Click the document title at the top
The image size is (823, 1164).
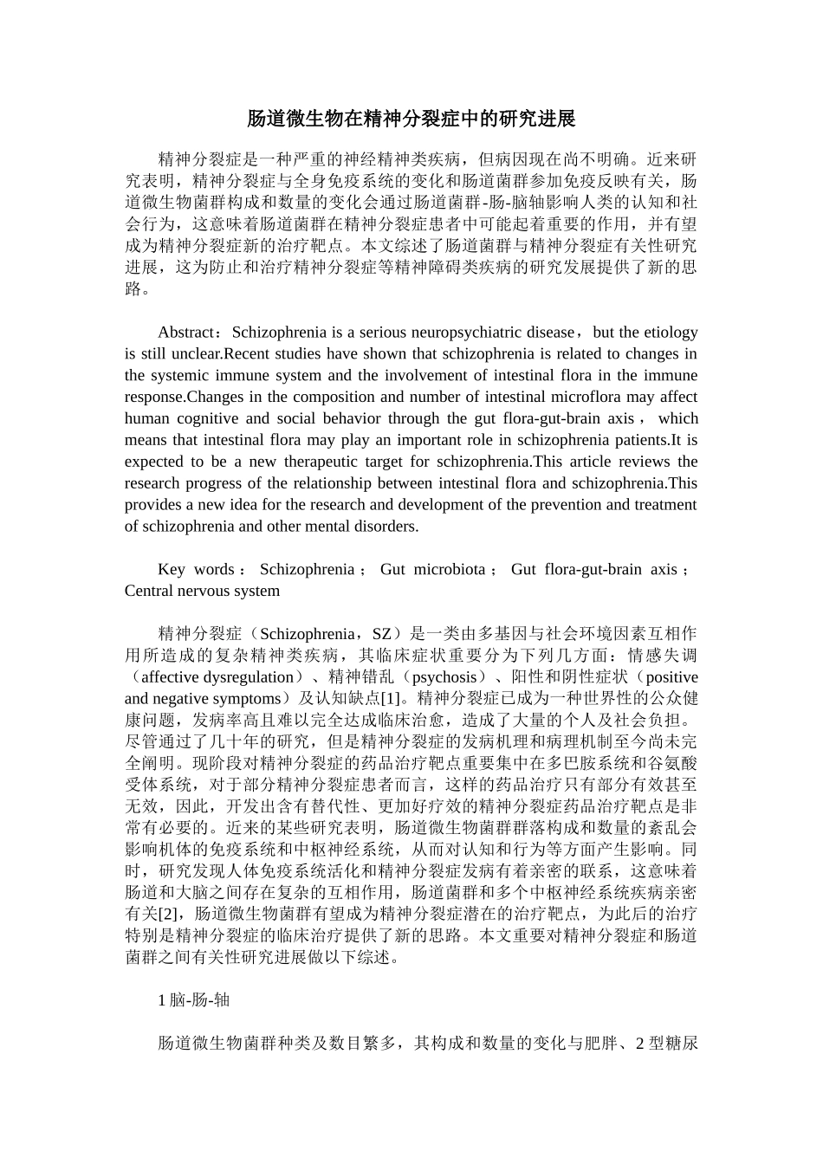[x=411, y=119]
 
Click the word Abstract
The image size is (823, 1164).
[x=185, y=333]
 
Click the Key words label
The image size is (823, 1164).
[x=196, y=569]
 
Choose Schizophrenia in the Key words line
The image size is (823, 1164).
[x=307, y=569]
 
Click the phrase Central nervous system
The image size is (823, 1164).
[x=202, y=591]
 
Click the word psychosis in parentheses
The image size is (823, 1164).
[x=444, y=677]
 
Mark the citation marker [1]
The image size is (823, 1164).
[x=391, y=699]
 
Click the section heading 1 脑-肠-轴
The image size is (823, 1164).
[x=194, y=999]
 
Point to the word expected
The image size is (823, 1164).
[x=153, y=462]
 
